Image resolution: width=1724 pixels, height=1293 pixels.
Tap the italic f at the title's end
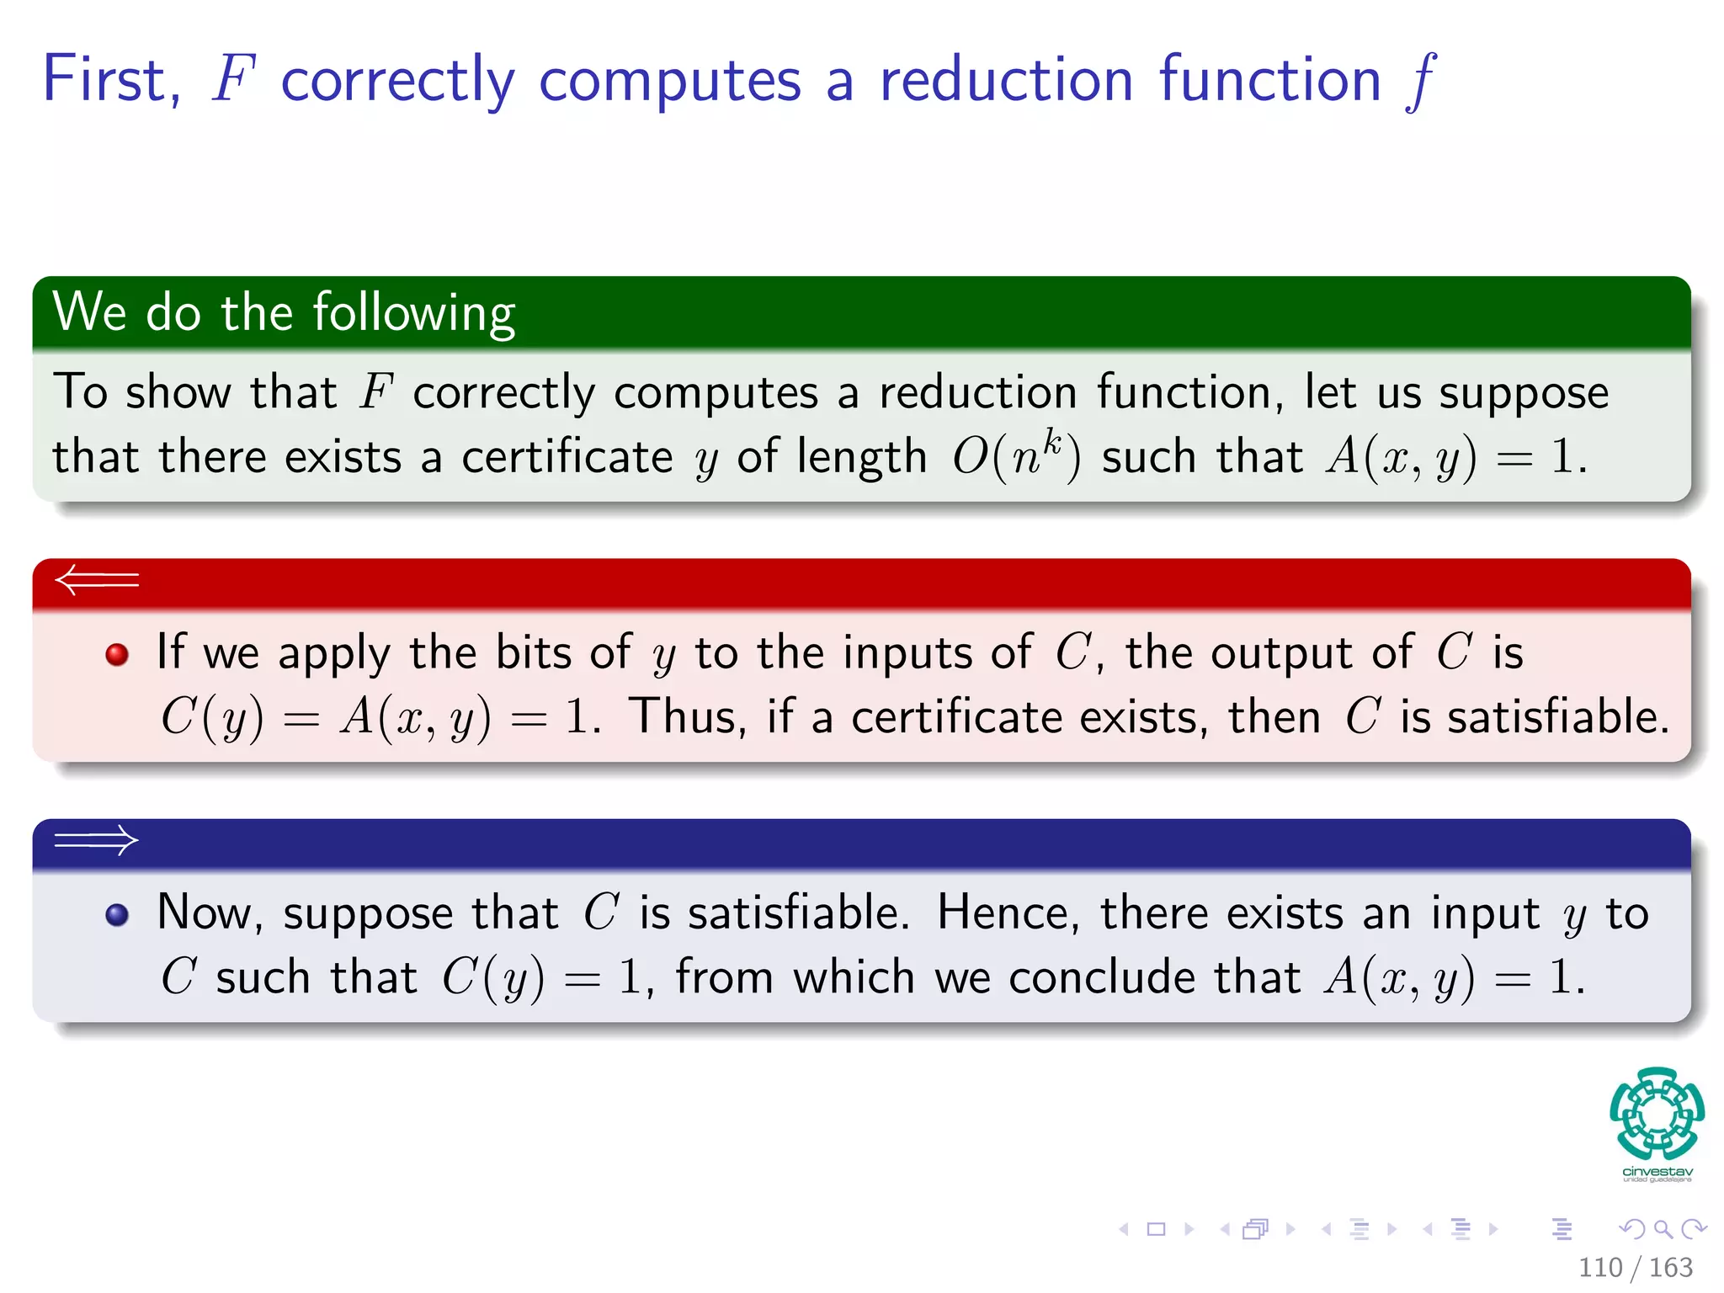coord(1421,81)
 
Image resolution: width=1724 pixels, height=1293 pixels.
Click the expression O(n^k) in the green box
coord(1016,457)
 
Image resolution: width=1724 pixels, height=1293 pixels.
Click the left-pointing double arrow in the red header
coord(97,580)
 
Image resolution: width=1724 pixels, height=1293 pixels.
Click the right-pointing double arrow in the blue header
coord(97,839)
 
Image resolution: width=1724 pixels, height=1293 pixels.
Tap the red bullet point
coord(117,654)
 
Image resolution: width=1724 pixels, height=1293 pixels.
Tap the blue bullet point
coord(117,915)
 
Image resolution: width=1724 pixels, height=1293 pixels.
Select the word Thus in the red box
coord(687,717)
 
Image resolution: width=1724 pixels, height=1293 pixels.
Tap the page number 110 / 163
coord(1635,1267)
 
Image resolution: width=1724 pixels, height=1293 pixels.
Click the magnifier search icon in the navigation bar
coord(1663,1229)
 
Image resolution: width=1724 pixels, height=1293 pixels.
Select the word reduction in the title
coord(1006,79)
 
